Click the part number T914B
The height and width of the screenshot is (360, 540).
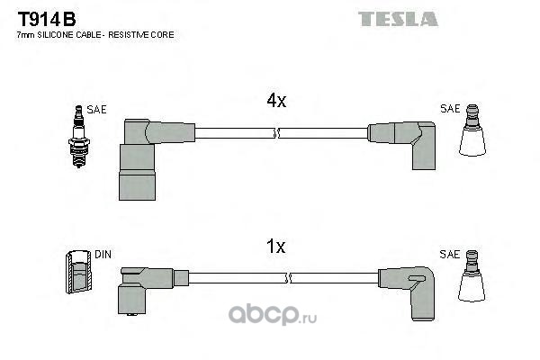point(47,19)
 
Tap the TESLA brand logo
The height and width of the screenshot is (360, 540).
point(398,19)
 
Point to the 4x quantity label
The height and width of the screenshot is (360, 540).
point(276,101)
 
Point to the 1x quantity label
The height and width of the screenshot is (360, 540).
point(276,247)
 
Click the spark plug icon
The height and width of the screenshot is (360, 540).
point(79,137)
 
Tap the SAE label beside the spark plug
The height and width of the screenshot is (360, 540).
point(96,110)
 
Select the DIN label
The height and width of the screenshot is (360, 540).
point(103,254)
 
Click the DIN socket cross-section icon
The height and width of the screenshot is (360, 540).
point(79,272)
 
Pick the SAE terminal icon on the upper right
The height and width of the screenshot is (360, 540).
point(472,130)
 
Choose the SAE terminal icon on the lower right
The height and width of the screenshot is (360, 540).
point(472,276)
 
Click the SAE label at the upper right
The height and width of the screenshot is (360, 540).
point(450,109)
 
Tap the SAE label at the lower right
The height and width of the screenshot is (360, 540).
point(449,255)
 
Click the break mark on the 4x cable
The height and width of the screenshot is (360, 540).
point(277,133)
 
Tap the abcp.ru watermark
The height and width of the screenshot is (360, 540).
point(272,315)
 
